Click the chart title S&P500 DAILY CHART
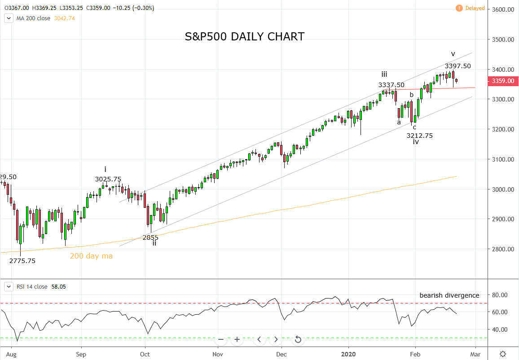[245, 36]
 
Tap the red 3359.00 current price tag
[503, 81]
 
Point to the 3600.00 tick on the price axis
[503, 9]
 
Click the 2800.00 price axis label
[503, 249]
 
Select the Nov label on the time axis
[217, 354]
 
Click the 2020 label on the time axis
[348, 354]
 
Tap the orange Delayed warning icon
[459, 8]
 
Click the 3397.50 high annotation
[458, 66]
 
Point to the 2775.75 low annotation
[22, 261]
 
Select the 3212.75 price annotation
[419, 135]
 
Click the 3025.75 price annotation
[108, 180]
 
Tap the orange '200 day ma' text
[91, 256]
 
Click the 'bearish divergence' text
[449, 295]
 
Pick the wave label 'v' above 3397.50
[453, 54]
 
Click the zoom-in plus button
[237, 339]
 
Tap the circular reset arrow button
[298, 339]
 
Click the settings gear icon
[503, 354]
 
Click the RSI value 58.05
[58, 286]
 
